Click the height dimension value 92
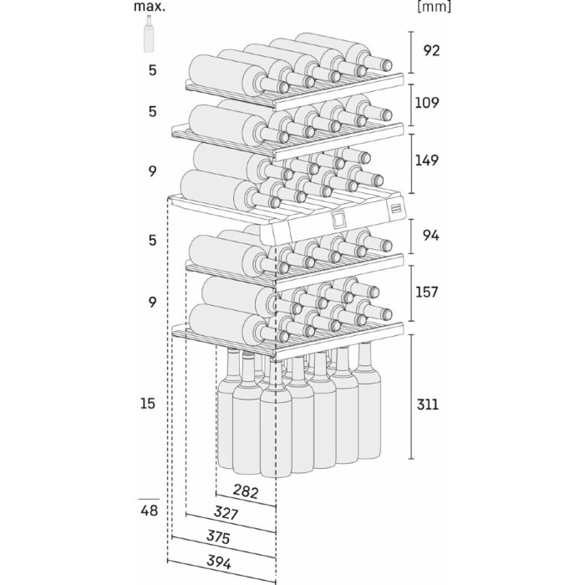(432, 50)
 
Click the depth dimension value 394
(219, 562)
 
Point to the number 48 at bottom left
(148, 510)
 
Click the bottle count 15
(148, 404)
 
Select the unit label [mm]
(433, 8)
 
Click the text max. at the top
(149, 8)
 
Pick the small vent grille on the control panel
(395, 206)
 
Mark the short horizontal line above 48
(148, 498)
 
